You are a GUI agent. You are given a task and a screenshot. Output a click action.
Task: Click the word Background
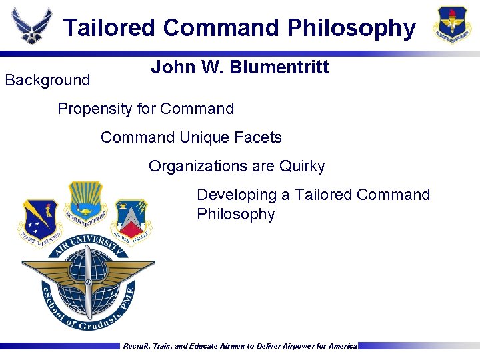pos(47,81)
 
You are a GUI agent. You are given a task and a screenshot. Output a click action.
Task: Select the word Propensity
pos(91,109)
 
